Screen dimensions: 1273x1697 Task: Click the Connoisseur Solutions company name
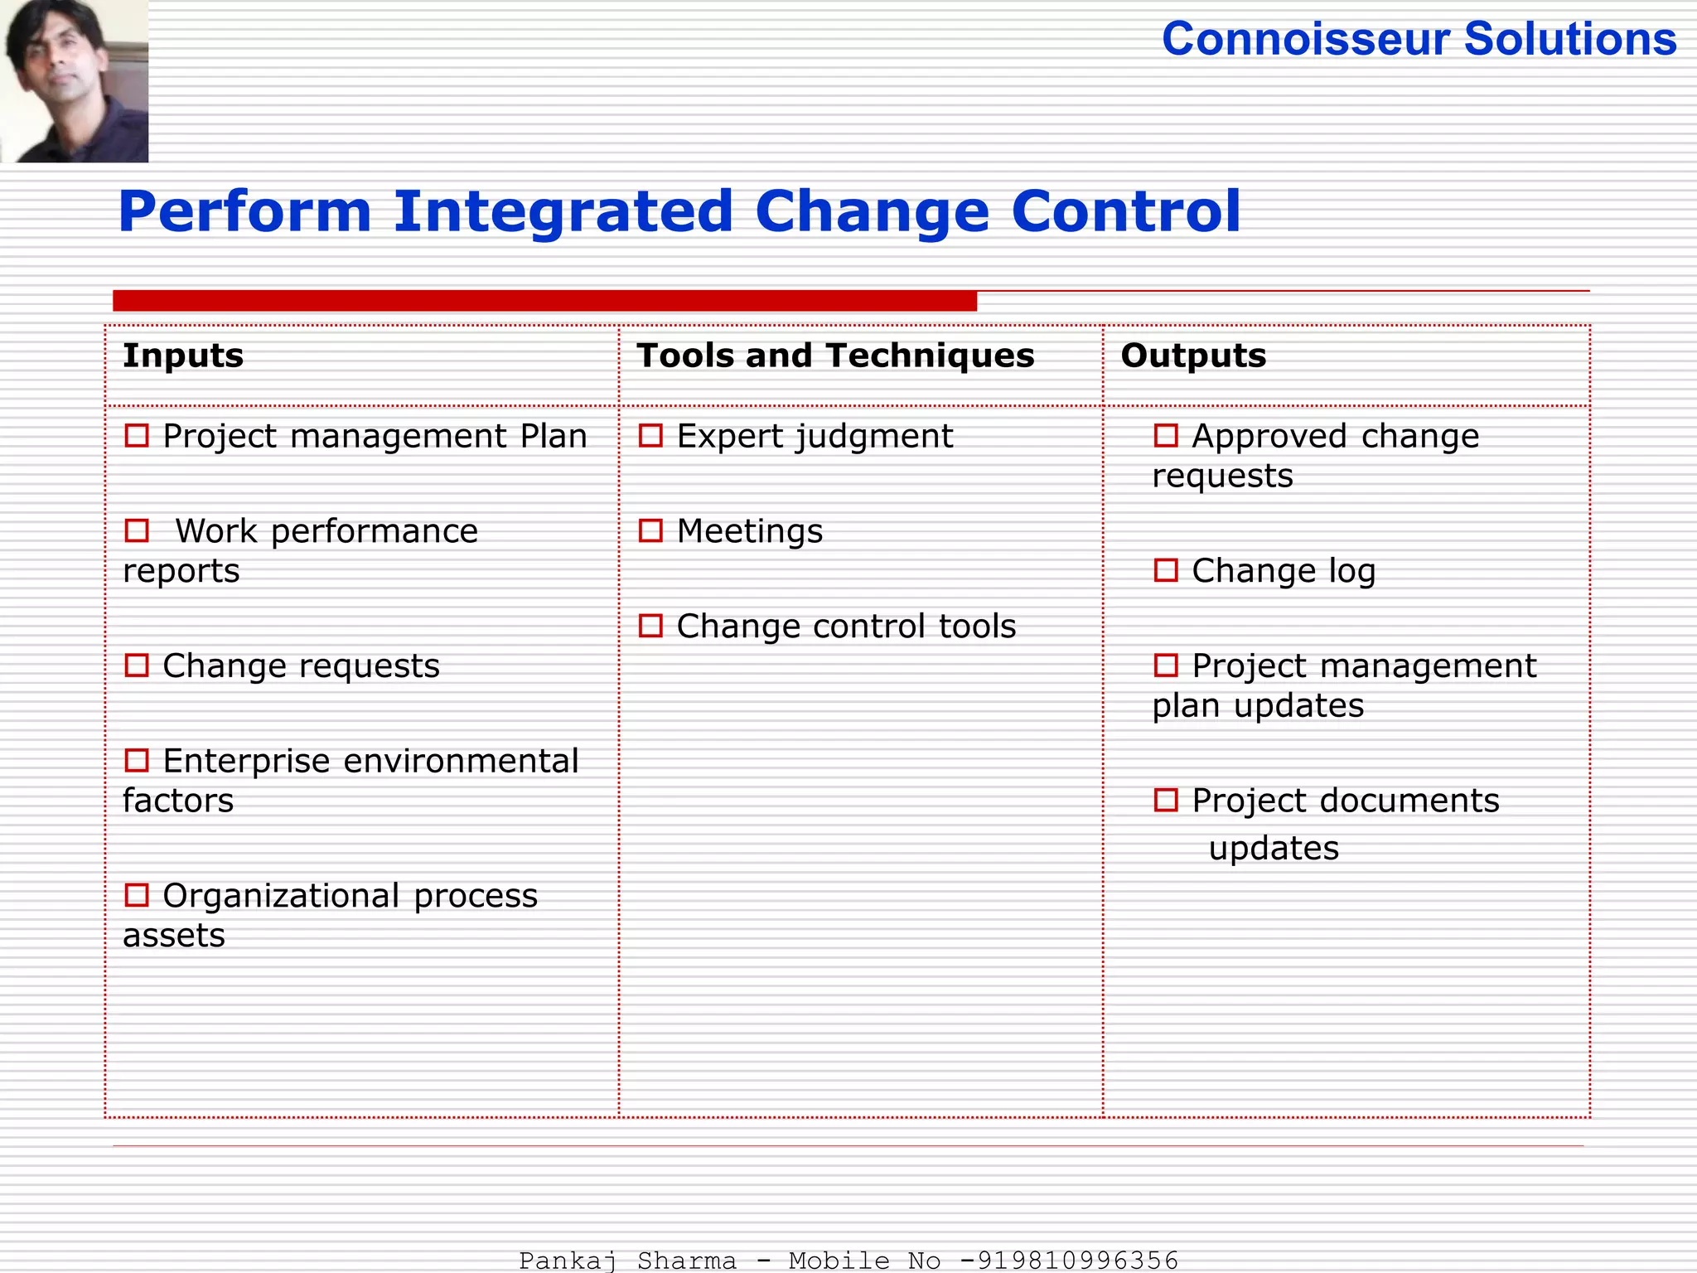coord(1419,39)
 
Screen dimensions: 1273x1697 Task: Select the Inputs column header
coord(183,356)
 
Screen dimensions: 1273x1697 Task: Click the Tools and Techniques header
coord(835,356)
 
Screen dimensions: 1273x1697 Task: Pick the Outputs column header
coord(1193,356)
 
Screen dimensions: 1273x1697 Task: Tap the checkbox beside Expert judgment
coord(650,436)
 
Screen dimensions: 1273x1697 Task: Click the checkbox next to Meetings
coord(650,530)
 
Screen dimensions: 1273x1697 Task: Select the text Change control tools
coord(845,627)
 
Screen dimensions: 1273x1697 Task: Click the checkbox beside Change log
coord(1166,570)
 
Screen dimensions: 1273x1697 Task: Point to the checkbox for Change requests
coord(137,666)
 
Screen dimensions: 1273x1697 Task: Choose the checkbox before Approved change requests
coord(1166,436)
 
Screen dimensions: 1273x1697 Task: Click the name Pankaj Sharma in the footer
coord(627,1261)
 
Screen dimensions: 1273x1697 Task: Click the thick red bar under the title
coord(544,301)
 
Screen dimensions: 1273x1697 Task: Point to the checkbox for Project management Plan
coord(137,436)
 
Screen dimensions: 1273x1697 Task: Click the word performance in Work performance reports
coord(375,531)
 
